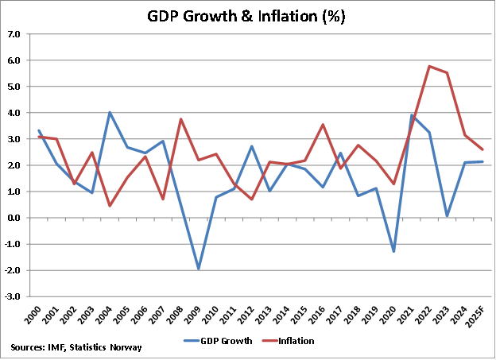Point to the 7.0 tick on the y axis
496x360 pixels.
(x=15, y=34)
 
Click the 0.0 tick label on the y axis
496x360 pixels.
(x=15, y=218)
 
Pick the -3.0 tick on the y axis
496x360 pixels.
(x=14, y=296)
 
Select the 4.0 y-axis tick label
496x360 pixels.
(x=15, y=113)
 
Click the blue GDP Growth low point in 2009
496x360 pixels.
(x=199, y=269)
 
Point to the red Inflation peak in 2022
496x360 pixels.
(x=429, y=66)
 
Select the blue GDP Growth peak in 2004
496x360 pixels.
(x=110, y=112)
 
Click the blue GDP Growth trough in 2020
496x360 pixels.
(x=393, y=251)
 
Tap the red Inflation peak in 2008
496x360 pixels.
(x=181, y=119)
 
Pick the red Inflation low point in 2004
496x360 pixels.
(x=110, y=206)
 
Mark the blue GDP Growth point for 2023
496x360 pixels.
(x=447, y=215)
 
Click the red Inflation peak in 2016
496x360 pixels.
(x=323, y=125)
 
